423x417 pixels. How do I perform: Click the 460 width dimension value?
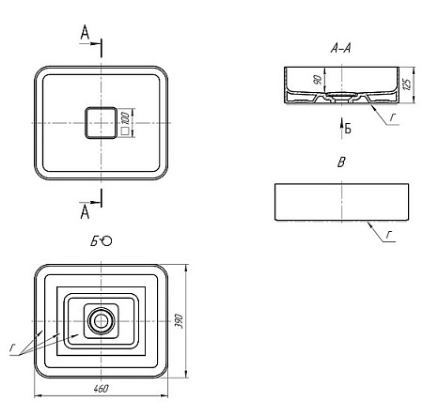point(101,389)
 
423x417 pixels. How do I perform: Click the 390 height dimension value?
point(179,320)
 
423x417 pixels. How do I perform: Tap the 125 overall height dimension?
point(407,85)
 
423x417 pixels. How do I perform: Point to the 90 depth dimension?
point(318,80)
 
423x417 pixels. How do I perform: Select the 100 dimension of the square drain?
point(125,117)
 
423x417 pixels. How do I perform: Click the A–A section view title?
point(341,48)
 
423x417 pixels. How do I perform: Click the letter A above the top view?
point(85,32)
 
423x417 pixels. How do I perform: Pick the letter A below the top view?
point(85,212)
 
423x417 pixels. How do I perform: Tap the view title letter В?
point(341,162)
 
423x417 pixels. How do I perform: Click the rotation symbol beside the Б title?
point(106,241)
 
